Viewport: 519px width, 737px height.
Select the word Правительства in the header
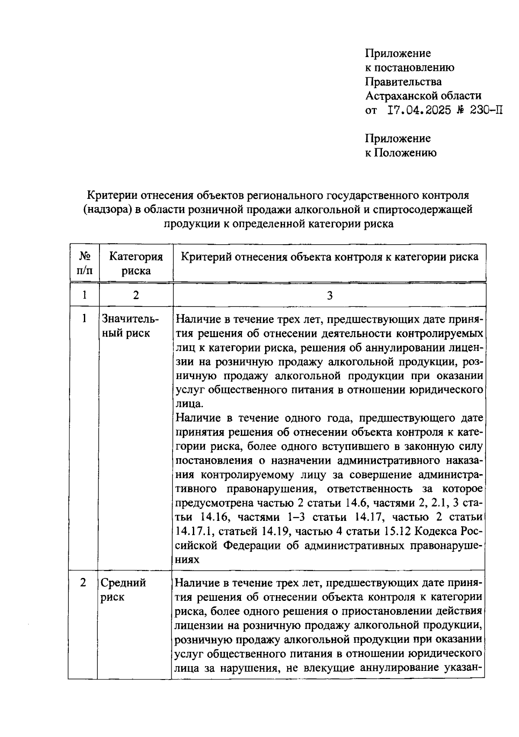pyautogui.click(x=403, y=82)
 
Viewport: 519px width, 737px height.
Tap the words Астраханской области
pyautogui.click(x=423, y=96)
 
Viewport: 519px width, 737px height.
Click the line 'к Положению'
pyautogui.click(x=400, y=153)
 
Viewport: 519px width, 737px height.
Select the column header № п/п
pyautogui.click(x=85, y=264)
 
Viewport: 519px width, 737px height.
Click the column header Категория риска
pyautogui.click(x=136, y=264)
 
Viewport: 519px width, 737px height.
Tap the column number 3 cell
pyautogui.click(x=330, y=295)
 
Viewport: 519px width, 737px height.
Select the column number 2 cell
pyautogui.click(x=136, y=295)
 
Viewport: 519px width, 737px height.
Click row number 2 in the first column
pyautogui.click(x=83, y=583)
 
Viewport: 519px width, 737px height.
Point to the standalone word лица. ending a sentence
pyautogui.click(x=189, y=404)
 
